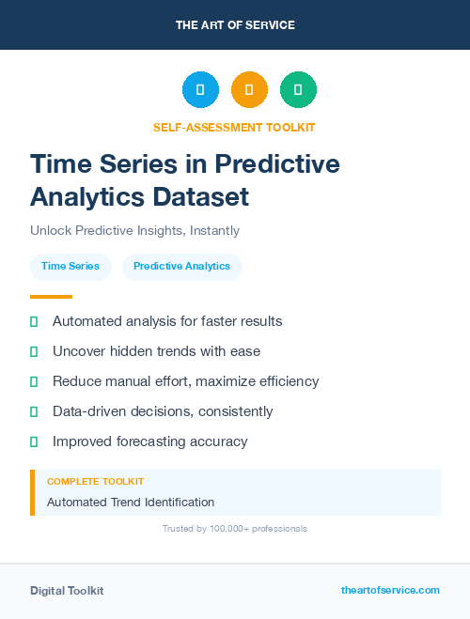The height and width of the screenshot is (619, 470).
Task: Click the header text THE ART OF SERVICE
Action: coord(235,25)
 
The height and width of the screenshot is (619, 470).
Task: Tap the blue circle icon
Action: coord(200,90)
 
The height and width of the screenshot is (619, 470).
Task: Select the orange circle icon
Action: coord(249,90)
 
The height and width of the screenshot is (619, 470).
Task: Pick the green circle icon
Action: coord(298,90)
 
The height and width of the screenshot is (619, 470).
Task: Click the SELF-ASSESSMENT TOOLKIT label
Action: coord(235,127)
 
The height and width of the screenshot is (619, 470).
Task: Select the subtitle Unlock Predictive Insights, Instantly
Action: coord(134,230)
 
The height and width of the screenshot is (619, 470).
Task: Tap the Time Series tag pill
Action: coord(70,266)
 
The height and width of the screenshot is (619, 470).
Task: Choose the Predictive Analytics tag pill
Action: coord(181,266)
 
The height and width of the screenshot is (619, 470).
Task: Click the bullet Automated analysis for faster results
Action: coord(167,321)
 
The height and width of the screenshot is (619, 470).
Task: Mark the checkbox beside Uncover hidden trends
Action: coord(34,351)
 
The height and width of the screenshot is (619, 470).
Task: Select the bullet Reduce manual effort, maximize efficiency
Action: coord(185,381)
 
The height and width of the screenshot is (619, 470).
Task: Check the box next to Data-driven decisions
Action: coord(34,411)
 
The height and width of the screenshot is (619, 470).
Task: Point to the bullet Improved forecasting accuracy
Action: coord(149,441)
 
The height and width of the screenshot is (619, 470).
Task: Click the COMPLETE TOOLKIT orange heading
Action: coord(95,481)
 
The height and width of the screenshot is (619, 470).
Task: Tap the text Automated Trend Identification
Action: coord(131,502)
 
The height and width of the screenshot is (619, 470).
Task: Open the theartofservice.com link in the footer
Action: coord(390,590)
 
